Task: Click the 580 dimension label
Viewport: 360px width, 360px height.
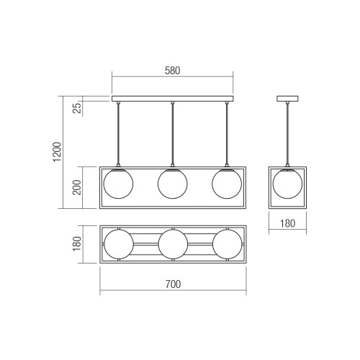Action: [172, 71]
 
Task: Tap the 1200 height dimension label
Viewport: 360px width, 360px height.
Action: [58, 152]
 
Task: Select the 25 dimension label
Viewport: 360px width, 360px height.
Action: [77, 108]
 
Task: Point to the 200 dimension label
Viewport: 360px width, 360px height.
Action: [77, 187]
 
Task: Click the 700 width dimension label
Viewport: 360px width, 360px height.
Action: [173, 284]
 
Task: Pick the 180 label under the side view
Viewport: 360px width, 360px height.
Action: [287, 224]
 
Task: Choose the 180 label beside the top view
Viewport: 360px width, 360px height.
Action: [77, 244]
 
